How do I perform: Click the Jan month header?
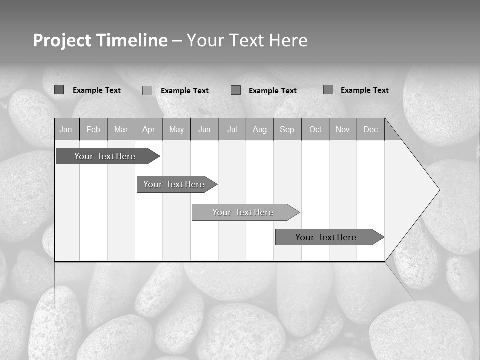[x=66, y=129]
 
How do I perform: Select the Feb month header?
[x=93, y=129]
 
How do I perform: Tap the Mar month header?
[x=121, y=129]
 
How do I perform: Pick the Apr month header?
[x=148, y=129]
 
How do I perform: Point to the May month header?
[x=176, y=129]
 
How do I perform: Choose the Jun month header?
[x=204, y=129]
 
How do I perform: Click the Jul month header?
[x=232, y=129]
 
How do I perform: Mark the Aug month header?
[x=260, y=129]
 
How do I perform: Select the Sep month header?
[x=287, y=129]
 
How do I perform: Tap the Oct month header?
[x=315, y=129]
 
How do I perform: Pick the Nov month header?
[x=343, y=129]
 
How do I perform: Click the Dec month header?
[x=370, y=129]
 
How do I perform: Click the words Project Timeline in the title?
[x=100, y=40]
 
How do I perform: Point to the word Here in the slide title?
[x=288, y=40]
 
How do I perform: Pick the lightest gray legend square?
[x=147, y=90]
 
